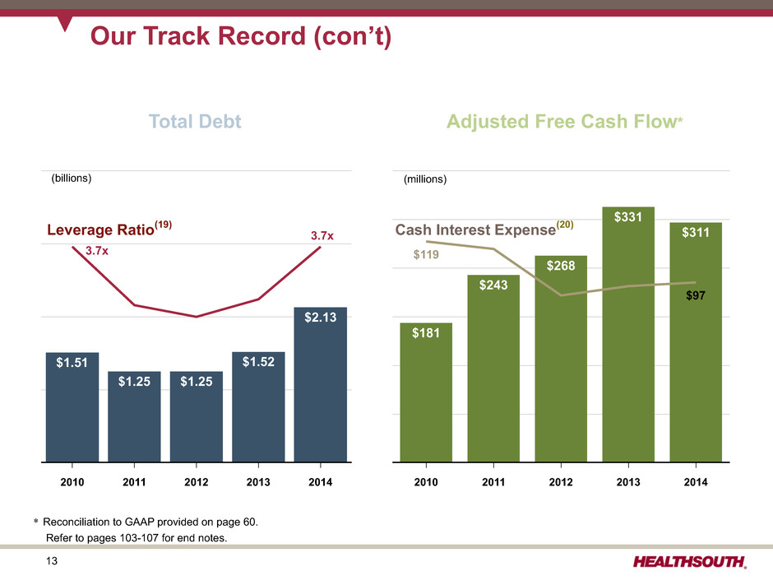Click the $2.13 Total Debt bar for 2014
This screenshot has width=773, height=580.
(x=321, y=387)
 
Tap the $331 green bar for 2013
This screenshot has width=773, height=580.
(x=628, y=337)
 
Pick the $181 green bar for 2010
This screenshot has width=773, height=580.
(x=425, y=395)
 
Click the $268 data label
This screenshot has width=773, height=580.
(x=561, y=266)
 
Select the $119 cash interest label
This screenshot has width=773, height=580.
(x=425, y=256)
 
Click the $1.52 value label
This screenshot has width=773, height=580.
(x=259, y=361)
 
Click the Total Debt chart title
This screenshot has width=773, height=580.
(x=195, y=122)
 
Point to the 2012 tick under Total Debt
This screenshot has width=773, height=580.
(x=197, y=483)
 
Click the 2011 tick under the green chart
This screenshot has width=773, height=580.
(x=493, y=483)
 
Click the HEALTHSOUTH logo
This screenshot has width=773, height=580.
(x=690, y=562)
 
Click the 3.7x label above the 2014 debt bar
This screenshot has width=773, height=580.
(x=322, y=236)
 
